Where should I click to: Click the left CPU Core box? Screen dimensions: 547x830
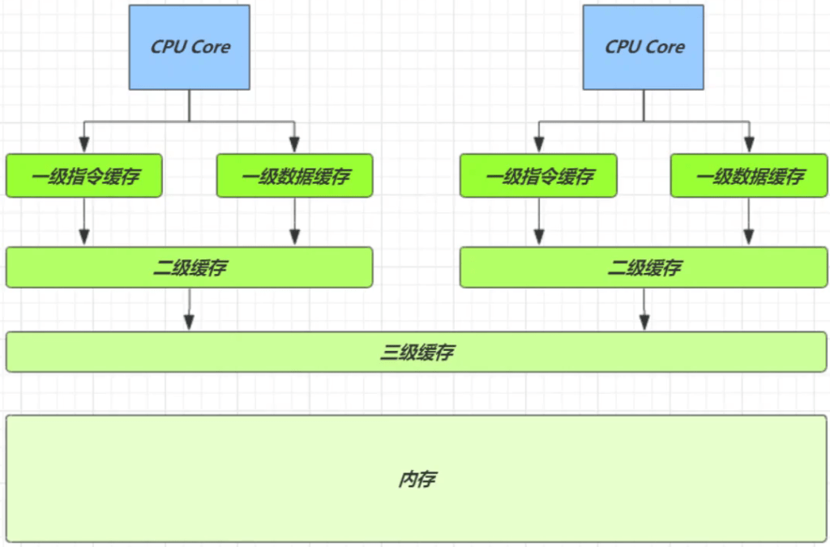(x=190, y=47)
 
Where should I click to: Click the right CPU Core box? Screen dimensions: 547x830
(x=644, y=47)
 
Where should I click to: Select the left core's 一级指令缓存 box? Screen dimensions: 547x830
(x=84, y=176)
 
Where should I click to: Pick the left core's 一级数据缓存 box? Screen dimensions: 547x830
(x=294, y=176)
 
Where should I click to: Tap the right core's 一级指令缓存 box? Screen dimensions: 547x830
(x=538, y=176)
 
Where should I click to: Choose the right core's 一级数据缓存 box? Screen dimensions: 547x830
(x=748, y=176)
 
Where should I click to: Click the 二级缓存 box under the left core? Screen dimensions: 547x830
(x=190, y=267)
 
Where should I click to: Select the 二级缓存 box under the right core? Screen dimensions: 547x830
(x=644, y=267)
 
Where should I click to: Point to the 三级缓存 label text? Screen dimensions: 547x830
(x=417, y=353)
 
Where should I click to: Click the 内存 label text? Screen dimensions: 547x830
(x=417, y=479)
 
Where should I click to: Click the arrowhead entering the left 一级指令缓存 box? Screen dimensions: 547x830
(x=84, y=147)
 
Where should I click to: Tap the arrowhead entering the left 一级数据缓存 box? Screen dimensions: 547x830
(x=294, y=147)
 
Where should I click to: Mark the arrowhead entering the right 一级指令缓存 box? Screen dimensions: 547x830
(x=538, y=147)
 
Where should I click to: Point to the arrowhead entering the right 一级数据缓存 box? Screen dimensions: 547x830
(x=748, y=147)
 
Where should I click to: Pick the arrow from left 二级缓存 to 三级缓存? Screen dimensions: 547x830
(x=190, y=309)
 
